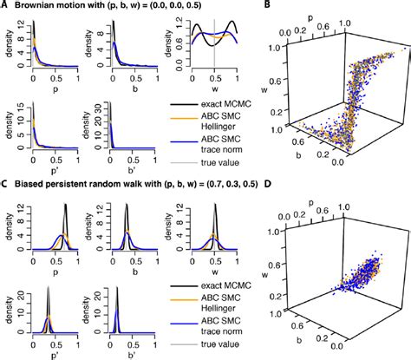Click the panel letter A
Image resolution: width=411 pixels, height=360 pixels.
(x=5, y=7)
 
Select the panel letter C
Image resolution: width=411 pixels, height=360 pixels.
(x=5, y=185)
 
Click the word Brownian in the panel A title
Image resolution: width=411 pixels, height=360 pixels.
(x=37, y=8)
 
